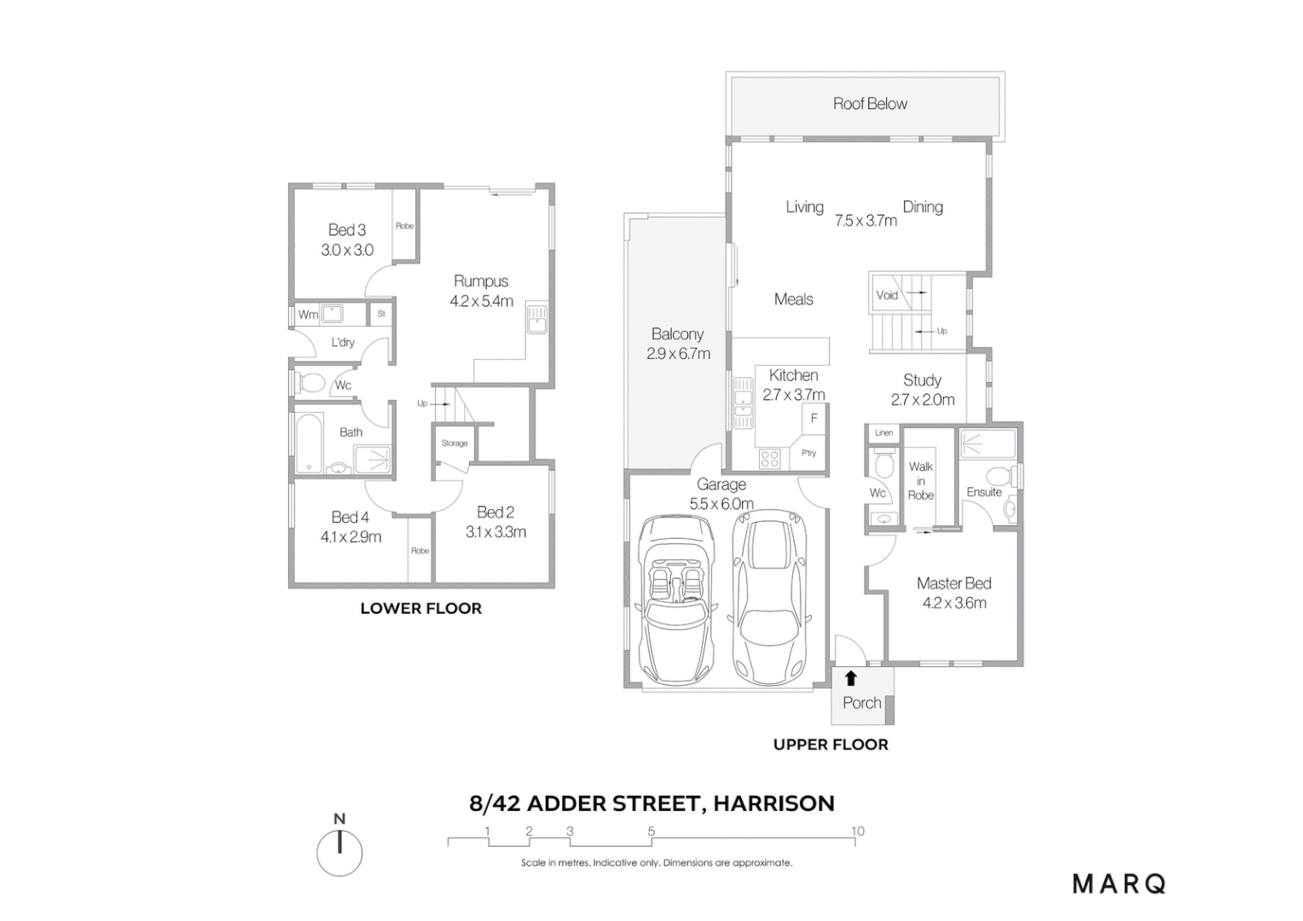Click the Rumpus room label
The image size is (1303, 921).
[481, 281]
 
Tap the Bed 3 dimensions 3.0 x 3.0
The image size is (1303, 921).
[347, 250]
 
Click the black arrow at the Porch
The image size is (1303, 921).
[850, 679]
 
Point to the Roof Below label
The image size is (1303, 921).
[870, 103]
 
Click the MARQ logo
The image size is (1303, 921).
[1119, 883]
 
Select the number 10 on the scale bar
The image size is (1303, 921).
[857, 831]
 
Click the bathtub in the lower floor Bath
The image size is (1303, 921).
[309, 442]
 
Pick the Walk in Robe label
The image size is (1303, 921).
[921, 480]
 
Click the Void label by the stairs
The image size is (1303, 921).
[887, 295]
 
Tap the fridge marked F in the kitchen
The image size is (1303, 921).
[814, 418]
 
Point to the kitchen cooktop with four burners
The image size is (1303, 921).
[769, 459]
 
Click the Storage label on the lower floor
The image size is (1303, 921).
[455, 443]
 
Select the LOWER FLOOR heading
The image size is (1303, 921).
[420, 608]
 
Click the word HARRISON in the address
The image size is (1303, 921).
[773, 803]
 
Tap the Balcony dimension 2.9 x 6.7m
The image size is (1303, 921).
[678, 354]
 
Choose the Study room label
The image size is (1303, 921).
[922, 379]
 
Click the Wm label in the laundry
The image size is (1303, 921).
[308, 315]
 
